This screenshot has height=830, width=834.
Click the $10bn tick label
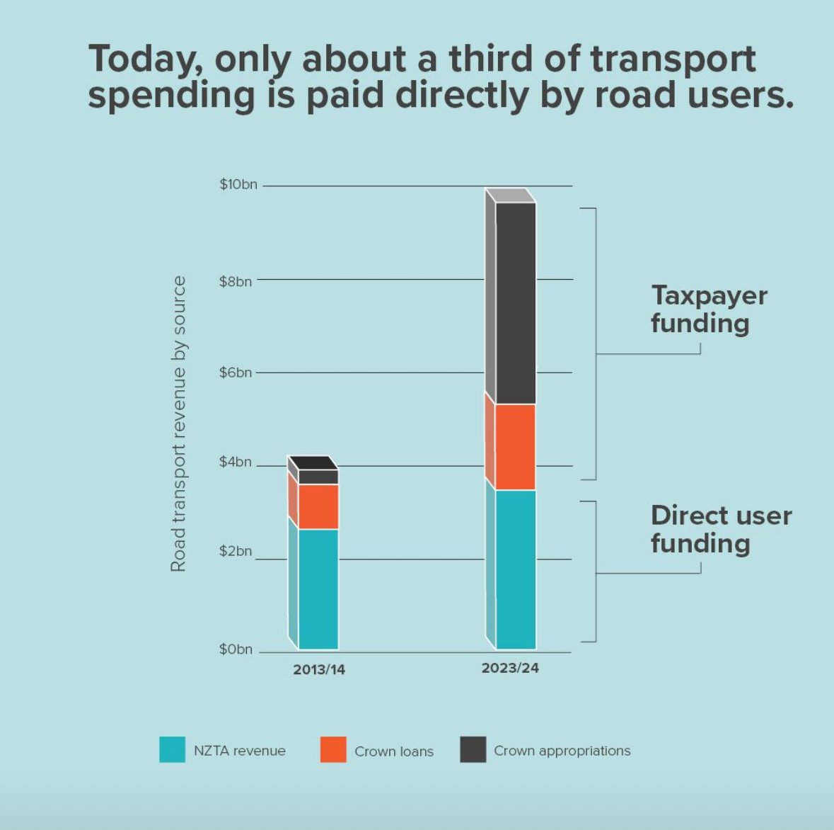point(238,185)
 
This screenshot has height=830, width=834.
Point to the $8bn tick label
point(236,282)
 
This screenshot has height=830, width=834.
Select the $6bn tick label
point(236,373)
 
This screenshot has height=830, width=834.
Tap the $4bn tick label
point(236,462)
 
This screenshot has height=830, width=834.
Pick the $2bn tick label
point(236,552)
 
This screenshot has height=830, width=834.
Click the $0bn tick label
point(236,649)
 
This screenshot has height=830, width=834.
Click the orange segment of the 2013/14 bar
point(318,507)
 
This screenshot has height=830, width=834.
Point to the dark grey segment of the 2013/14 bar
point(318,477)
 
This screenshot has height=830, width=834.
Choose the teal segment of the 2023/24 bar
point(516,569)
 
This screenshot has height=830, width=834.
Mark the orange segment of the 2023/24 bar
point(516,447)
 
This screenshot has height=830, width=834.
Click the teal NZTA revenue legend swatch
point(172,750)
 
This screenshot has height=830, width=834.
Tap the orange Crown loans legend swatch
point(333,750)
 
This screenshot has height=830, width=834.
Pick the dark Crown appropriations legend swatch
point(473,750)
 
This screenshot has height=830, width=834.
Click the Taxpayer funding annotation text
point(708,309)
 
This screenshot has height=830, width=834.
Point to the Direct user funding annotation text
point(720,529)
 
